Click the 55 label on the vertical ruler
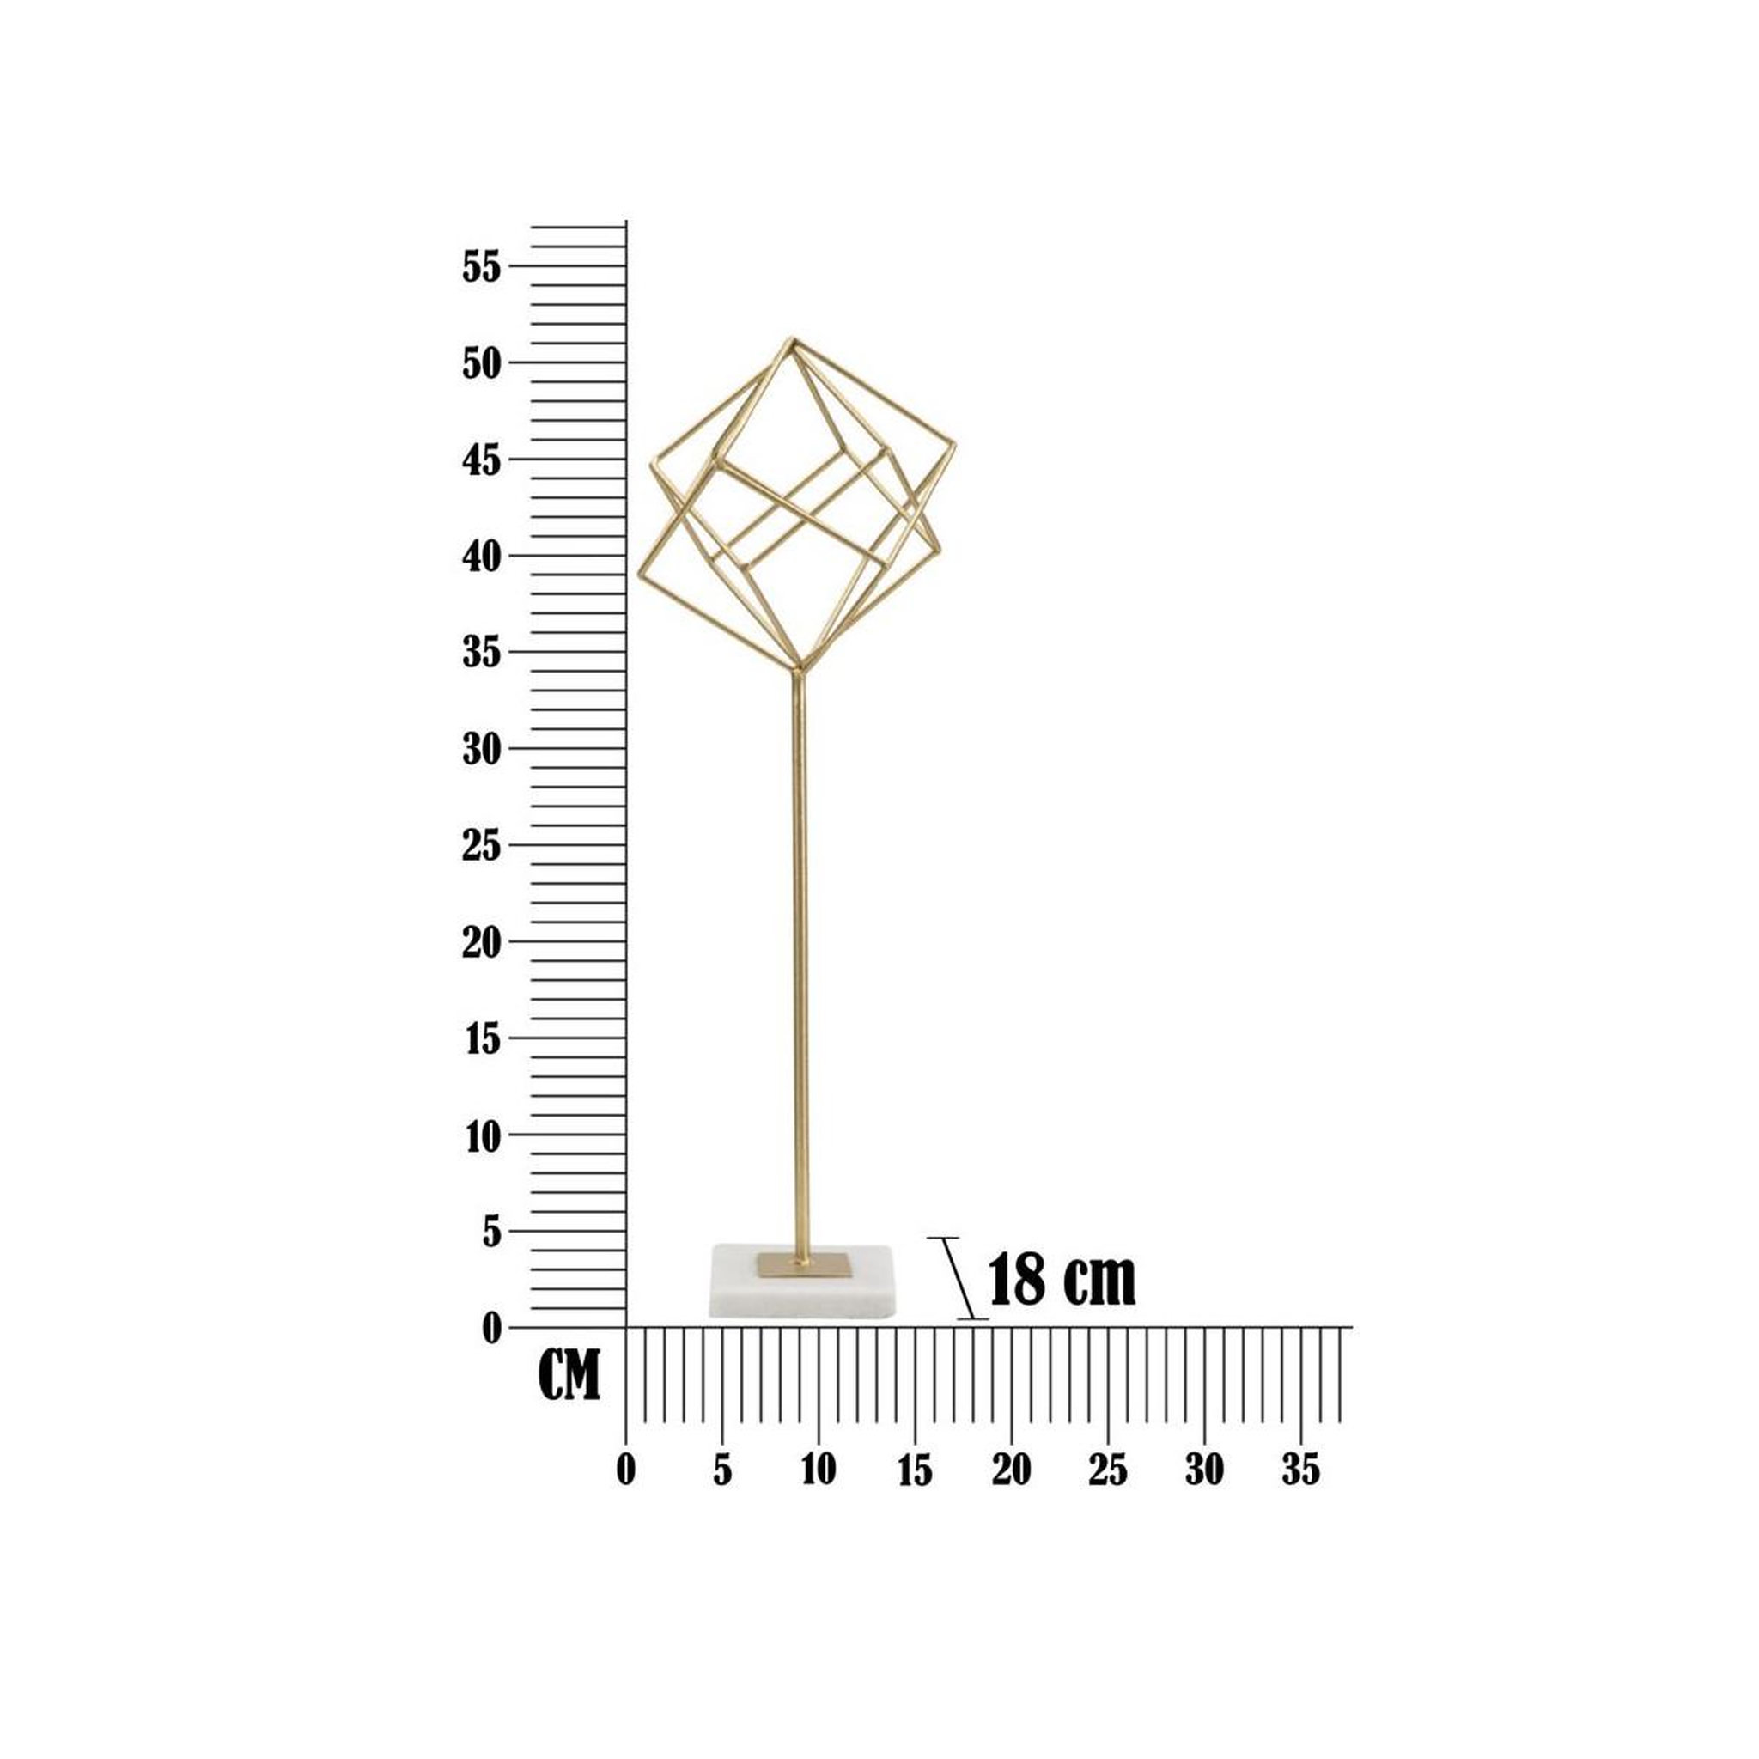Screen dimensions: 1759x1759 coord(482,268)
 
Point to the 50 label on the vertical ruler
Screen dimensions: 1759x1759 coord(482,364)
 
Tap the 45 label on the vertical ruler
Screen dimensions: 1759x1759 coord(482,460)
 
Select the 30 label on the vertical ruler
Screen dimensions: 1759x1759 coord(482,749)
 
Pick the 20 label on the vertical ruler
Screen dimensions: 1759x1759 coord(482,942)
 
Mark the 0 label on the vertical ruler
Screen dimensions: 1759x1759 coord(491,1329)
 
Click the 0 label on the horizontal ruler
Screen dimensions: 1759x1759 coord(625,1470)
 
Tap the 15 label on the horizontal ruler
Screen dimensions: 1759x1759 coord(915,1470)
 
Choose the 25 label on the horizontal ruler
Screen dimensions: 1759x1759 coord(1108,1470)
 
